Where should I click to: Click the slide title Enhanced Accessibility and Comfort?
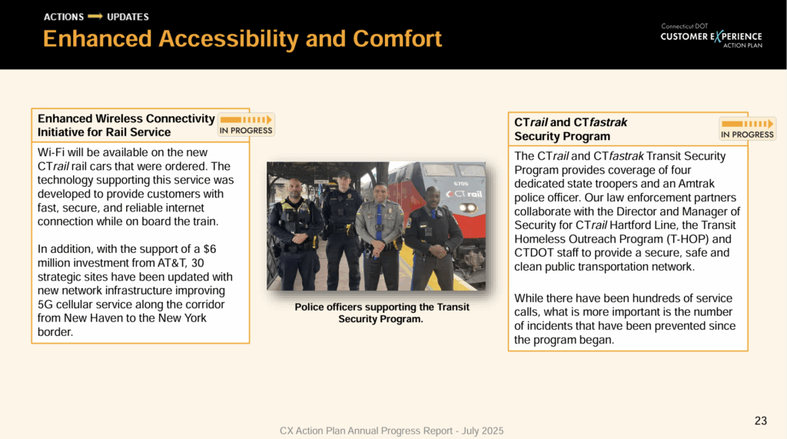click(x=242, y=38)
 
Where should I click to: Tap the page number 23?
click(x=760, y=421)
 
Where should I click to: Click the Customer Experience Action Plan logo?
click(x=711, y=36)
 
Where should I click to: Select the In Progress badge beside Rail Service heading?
click(x=246, y=125)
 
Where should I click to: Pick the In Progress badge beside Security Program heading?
click(x=747, y=128)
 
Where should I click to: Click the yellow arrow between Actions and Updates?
click(x=95, y=17)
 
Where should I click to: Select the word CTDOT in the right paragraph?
click(x=533, y=252)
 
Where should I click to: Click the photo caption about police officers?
click(x=381, y=312)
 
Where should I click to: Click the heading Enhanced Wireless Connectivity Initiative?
click(x=126, y=125)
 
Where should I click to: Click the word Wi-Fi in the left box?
click(x=52, y=153)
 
